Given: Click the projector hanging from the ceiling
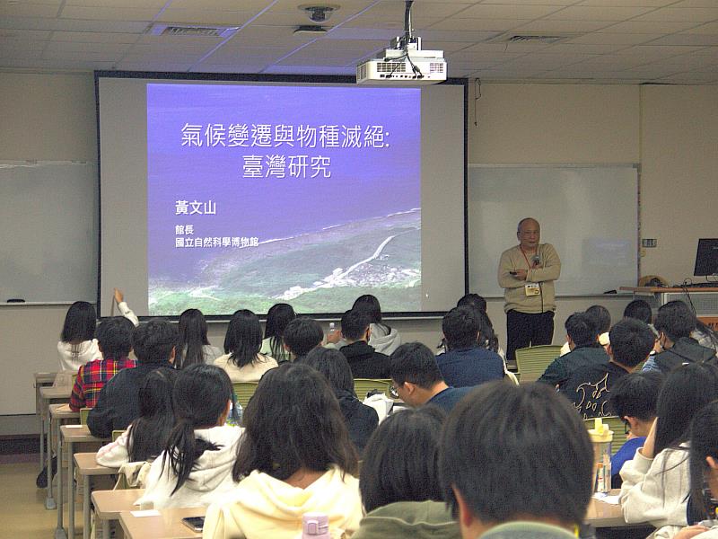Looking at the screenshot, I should point(401,67).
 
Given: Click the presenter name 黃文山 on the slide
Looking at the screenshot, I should point(196,208).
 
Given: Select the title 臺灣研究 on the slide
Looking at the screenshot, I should point(286,167).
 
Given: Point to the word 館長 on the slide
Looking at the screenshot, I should point(185,230).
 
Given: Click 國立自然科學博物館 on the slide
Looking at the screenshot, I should point(216,243).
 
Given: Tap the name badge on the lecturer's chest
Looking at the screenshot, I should point(532,288).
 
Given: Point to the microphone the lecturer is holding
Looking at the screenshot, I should point(535,261).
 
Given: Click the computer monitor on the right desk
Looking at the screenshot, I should point(705,258).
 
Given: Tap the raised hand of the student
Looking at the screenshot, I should point(118,295).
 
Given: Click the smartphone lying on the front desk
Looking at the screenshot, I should point(193,523).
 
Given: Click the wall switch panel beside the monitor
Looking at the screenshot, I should point(649,243).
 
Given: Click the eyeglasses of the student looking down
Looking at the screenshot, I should point(395,390).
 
